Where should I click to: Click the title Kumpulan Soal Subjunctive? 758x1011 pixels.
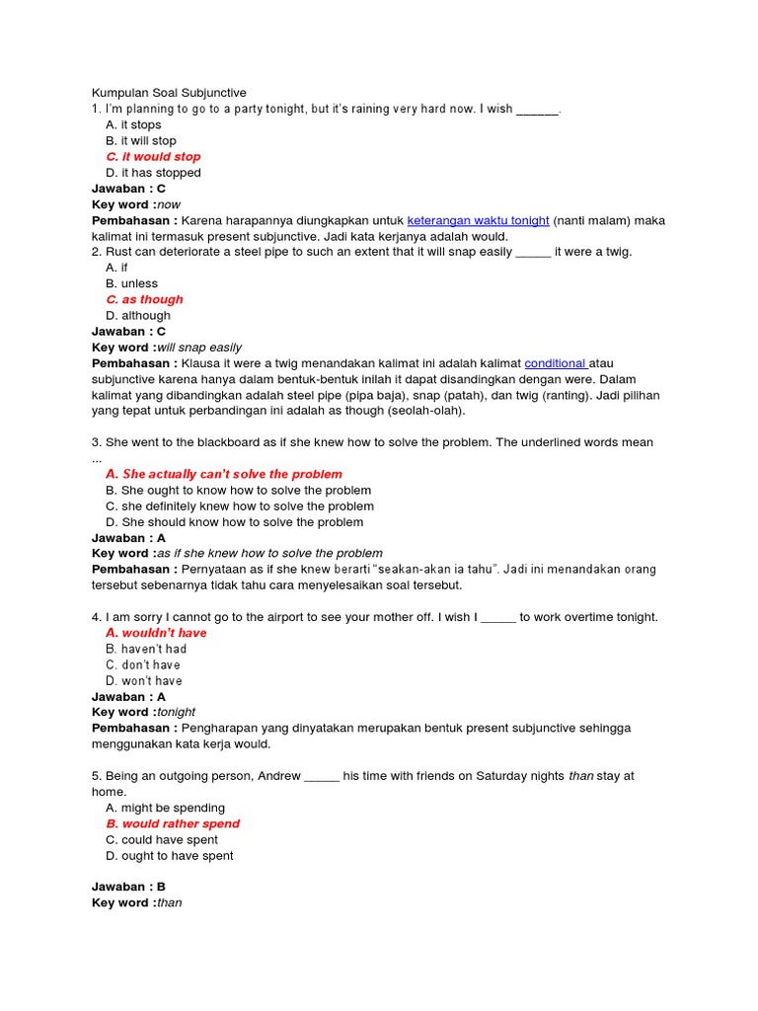[x=169, y=93]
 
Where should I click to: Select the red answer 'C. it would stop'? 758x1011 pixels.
[x=153, y=157]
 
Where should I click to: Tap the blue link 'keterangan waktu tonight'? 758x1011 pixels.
[x=478, y=220]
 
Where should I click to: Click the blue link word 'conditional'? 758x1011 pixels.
[x=556, y=363]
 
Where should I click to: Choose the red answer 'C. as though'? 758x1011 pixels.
[x=144, y=299]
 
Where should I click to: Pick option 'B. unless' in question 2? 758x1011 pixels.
[x=131, y=283]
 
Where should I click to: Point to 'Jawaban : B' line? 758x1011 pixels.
[x=130, y=887]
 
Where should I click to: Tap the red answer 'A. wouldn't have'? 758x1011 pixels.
[x=156, y=633]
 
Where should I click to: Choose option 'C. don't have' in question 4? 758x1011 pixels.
[x=144, y=664]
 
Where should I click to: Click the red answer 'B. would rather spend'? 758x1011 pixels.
[x=173, y=823]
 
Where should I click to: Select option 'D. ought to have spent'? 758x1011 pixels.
[x=170, y=856]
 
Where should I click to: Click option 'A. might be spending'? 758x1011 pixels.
[x=165, y=808]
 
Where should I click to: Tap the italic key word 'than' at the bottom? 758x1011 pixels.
[x=170, y=902]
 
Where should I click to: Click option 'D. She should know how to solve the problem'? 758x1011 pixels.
[x=234, y=522]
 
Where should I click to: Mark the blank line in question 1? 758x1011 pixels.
[x=537, y=110]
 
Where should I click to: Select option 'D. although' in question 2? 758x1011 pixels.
[x=138, y=316]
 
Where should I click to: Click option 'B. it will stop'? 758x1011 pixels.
[x=141, y=141]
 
